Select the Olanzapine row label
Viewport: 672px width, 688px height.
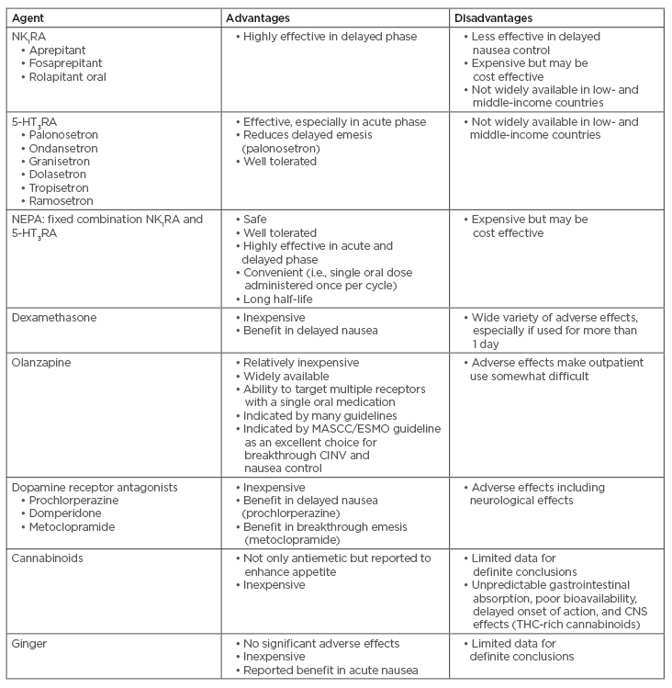pos(42,363)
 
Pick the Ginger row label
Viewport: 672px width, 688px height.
pos(30,643)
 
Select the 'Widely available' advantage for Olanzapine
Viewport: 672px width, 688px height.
pos(289,376)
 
